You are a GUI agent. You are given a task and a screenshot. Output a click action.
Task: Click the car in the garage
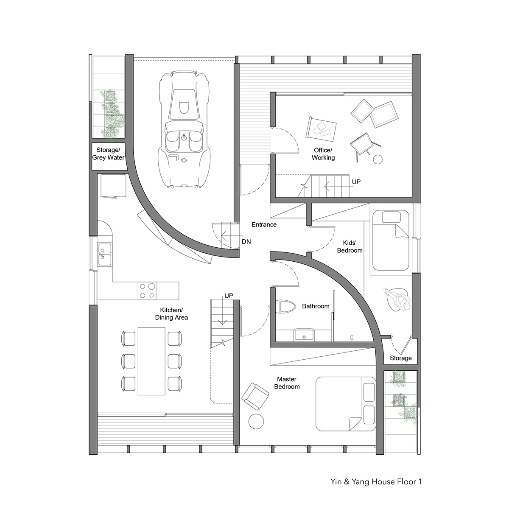pyautogui.click(x=185, y=129)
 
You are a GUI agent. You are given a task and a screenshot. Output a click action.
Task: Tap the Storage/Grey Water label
pyautogui.click(x=108, y=154)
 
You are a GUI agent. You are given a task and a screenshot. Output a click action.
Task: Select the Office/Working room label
pyautogui.click(x=323, y=154)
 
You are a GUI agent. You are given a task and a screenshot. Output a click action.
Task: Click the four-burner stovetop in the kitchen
pyautogui.click(x=147, y=291)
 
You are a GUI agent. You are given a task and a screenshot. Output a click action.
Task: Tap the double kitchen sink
pyautogui.click(x=105, y=255)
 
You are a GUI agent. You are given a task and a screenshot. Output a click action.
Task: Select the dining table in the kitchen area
pyautogui.click(x=151, y=361)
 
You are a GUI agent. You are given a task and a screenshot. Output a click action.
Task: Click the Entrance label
pyautogui.click(x=264, y=224)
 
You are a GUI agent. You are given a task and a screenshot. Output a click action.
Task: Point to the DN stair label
pyautogui.click(x=246, y=241)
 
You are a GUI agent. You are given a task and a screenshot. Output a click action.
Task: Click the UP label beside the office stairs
pyautogui.click(x=356, y=182)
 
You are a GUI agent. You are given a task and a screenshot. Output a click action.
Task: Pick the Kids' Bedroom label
pyautogui.click(x=350, y=246)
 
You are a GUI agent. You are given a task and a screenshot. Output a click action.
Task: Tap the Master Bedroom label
pyautogui.click(x=287, y=383)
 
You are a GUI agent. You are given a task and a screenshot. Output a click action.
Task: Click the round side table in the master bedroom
pyautogui.click(x=256, y=421)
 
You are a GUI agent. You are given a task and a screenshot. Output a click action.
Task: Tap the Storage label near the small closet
pyautogui.click(x=401, y=358)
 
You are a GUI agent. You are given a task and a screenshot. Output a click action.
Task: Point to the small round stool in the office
pyautogui.click(x=378, y=159)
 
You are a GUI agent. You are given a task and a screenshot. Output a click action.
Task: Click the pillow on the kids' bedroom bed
pyautogui.click(x=391, y=218)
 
